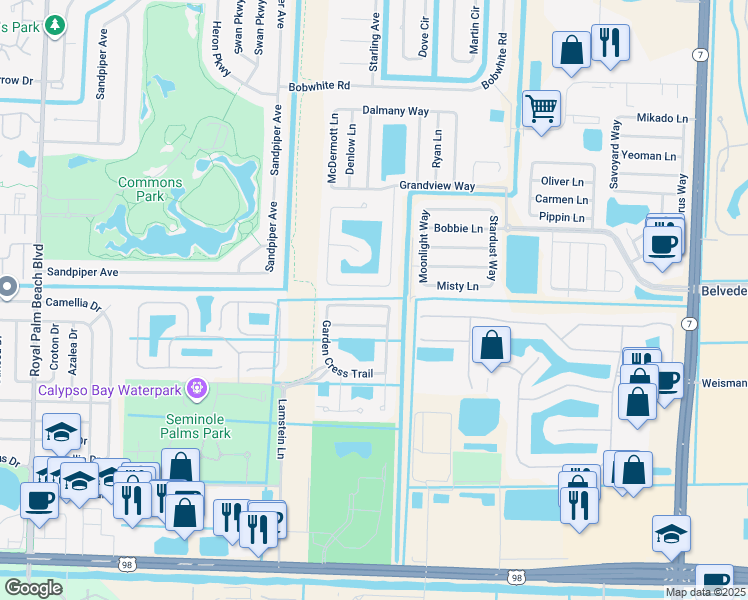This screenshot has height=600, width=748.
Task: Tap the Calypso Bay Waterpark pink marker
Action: click(x=197, y=386)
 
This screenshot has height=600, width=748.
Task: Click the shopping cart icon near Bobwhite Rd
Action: click(x=541, y=106)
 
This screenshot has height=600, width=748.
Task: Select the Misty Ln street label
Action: click(x=458, y=286)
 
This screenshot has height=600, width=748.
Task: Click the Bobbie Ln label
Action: click(x=459, y=228)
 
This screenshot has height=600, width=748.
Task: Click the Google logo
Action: click(x=33, y=587)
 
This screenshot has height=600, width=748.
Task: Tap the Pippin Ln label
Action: click(x=561, y=217)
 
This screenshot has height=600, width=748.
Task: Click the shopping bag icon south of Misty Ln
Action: click(x=491, y=346)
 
